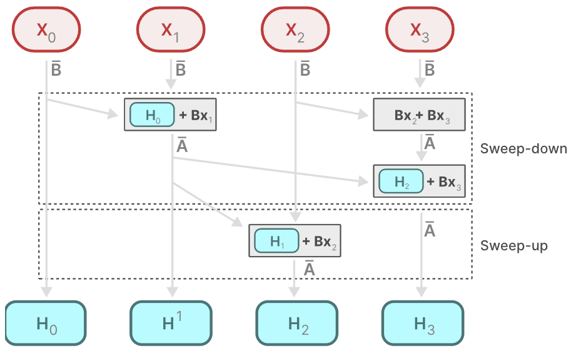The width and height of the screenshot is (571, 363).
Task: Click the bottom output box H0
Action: (46, 324)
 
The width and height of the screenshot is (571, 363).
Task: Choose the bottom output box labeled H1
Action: (171, 324)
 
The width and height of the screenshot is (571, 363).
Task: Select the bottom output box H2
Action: (297, 324)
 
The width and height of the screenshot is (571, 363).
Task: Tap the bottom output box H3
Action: (423, 324)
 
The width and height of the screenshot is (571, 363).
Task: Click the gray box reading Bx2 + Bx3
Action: (419, 115)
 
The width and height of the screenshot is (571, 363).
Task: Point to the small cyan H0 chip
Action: (153, 115)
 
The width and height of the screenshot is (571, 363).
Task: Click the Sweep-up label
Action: (513, 246)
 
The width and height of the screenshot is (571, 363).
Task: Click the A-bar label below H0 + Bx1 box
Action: (182, 146)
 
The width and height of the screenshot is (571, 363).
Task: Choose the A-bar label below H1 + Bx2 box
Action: (308, 268)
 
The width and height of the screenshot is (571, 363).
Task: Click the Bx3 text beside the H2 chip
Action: (448, 182)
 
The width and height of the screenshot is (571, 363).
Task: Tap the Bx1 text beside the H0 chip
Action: (198, 115)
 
